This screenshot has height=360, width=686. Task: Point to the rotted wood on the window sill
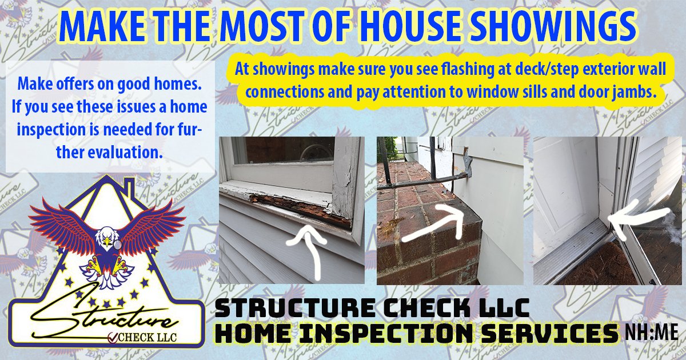pos(297,206)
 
